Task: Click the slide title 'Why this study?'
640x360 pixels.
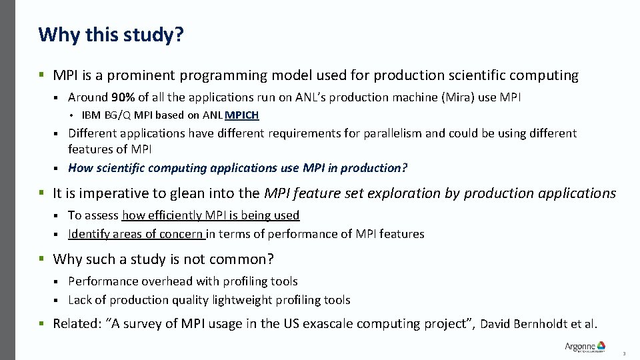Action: coord(111,35)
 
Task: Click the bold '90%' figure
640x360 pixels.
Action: coord(123,97)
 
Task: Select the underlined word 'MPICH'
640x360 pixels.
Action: coord(242,115)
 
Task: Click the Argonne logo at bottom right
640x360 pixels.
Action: coord(585,347)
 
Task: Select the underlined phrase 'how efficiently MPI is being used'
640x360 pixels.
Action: coord(211,215)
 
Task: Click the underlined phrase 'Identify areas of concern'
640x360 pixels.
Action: coord(136,234)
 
